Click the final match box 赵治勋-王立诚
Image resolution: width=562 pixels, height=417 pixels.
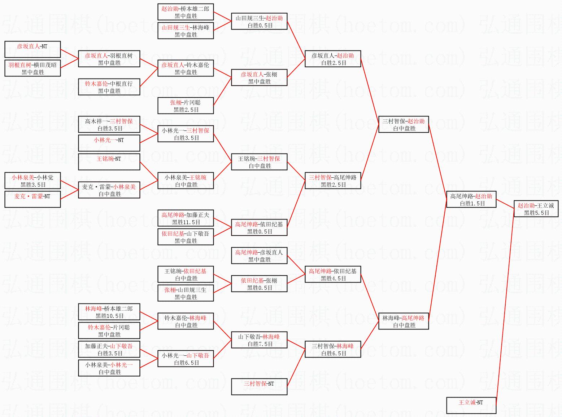(536, 209)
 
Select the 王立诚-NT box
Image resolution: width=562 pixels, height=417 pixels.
(471, 405)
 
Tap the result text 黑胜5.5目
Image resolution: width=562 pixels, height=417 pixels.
(536, 213)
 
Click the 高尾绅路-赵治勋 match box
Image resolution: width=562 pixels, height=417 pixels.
(471, 199)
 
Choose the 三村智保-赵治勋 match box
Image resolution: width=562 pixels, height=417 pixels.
(403, 124)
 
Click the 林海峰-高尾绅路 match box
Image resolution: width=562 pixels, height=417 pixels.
(403, 321)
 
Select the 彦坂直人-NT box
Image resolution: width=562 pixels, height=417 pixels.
(32, 49)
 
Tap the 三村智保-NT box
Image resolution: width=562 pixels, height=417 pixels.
(259, 387)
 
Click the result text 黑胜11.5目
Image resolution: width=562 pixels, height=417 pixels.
(186, 222)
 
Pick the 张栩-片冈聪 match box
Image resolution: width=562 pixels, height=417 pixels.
(186, 106)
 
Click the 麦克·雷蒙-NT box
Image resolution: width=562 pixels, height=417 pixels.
(32, 199)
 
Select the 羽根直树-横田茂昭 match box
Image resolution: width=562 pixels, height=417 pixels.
(32, 68)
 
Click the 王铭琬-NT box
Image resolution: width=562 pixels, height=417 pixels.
(109, 162)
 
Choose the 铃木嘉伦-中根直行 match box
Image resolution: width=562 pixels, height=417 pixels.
(109, 87)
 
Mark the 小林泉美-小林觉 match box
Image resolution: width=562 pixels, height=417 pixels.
(32, 181)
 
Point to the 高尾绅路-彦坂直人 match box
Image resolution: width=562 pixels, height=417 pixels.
(259, 256)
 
